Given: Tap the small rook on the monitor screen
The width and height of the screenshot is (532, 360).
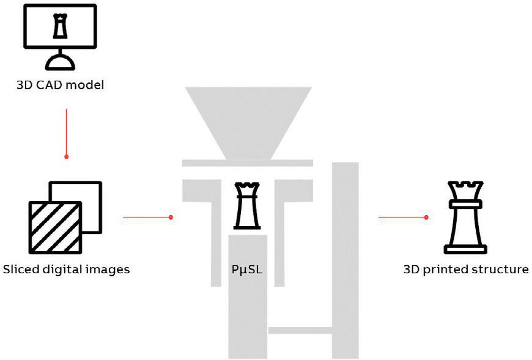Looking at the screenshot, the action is pos(60,25).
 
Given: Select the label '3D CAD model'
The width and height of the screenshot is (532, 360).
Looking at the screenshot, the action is pos(60,84).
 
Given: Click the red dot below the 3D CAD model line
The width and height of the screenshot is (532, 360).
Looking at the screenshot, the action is pos(66,156).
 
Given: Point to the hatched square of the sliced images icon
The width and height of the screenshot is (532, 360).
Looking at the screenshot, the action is pos(55,227).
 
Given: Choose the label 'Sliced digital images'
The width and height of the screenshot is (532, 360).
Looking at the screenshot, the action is pos(66,269).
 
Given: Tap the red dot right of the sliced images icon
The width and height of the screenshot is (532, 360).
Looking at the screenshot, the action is pos(171,217).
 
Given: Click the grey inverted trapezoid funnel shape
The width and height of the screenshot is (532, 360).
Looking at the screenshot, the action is pos(248,122).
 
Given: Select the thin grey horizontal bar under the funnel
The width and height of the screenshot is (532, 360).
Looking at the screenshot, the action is pos(248,163).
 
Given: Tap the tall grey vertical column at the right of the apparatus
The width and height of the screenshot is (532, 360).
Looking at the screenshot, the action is pos(345,257).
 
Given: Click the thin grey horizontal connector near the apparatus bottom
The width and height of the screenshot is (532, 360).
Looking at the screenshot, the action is pos(300,331).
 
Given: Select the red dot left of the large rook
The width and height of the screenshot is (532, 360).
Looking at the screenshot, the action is pos(426,217).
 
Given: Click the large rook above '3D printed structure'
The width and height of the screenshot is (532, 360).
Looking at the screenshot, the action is pos(466,217).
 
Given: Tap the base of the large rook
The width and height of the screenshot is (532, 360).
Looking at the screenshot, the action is pos(466,249).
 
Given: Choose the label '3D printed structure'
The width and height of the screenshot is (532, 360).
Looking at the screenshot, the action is pos(466,269).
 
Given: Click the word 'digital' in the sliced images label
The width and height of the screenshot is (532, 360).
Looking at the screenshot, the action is pos(67,269).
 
